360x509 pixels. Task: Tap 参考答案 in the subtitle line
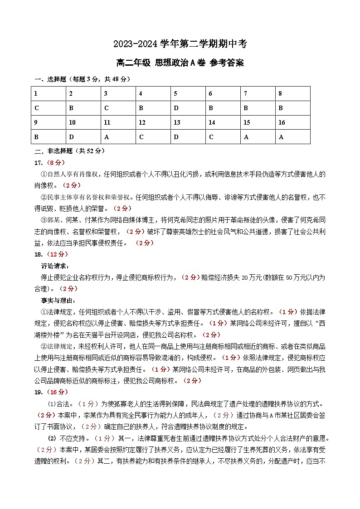227,63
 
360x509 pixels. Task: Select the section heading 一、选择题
50,79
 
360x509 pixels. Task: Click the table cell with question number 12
152,122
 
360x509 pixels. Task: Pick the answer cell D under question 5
188,108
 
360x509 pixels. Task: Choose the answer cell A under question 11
117,137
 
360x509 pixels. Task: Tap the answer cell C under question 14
223,137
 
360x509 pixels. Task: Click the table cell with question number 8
292,94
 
